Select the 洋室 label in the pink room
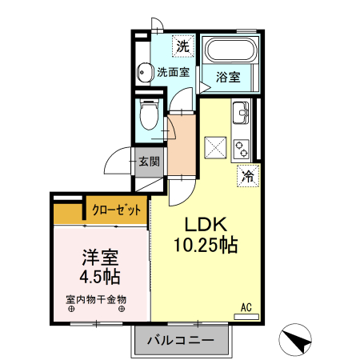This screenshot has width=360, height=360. (x=100, y=258)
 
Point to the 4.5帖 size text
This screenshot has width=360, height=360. (x=100, y=278)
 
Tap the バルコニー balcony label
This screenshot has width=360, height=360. (x=181, y=341)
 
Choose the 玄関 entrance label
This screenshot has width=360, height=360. (x=149, y=161)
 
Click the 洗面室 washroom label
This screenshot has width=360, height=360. (x=173, y=72)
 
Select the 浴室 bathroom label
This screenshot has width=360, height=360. (x=229, y=78)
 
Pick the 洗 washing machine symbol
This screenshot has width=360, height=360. (x=183, y=46)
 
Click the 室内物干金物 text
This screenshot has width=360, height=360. (x=96, y=299)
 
